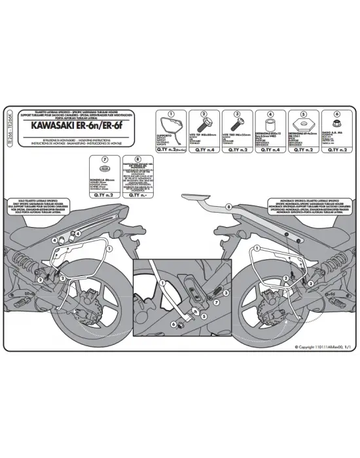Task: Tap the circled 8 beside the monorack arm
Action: (x=228, y=207)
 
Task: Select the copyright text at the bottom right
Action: (x=322, y=347)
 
